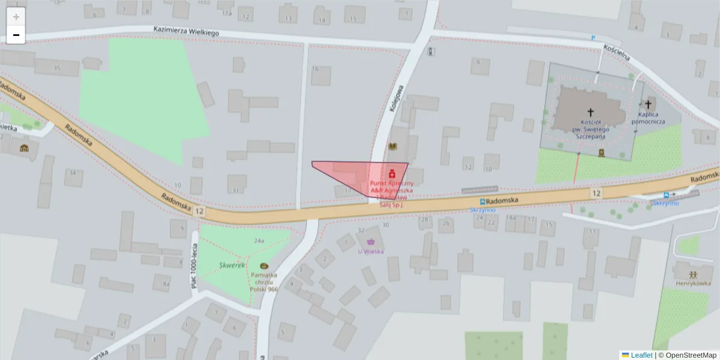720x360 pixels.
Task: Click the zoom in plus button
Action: (16, 17)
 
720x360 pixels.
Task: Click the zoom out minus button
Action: (16, 35)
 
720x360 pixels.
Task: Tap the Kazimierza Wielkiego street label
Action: (186, 31)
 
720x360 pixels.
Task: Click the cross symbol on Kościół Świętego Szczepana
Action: (590, 112)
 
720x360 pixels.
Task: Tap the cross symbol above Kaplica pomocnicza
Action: (649, 104)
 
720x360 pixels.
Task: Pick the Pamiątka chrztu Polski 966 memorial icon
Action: (264, 266)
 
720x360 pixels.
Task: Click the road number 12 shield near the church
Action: (596, 193)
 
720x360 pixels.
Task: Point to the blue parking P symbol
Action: (593, 37)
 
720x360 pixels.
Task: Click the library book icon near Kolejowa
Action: (393, 146)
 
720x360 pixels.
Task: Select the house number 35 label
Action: (57, 68)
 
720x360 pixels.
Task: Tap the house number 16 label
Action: (315, 69)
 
